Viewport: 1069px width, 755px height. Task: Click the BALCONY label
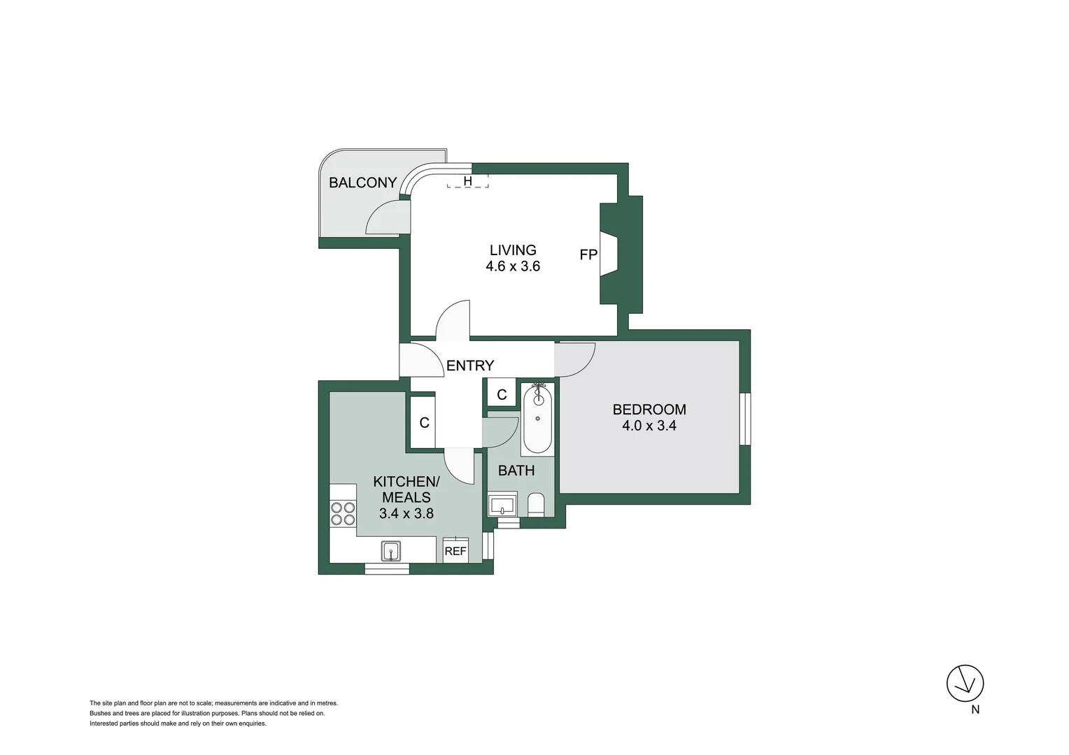tap(362, 182)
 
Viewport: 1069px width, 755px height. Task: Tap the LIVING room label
tap(513, 250)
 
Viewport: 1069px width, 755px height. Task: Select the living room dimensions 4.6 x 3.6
tap(513, 266)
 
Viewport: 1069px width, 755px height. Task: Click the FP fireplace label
tap(588, 254)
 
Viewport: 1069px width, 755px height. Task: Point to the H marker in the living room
tap(468, 182)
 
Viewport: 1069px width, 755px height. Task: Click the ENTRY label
tap(469, 365)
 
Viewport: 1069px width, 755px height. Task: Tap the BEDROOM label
tap(649, 410)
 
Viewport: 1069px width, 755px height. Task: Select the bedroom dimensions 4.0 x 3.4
tap(649, 426)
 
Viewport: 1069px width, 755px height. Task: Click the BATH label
tap(516, 470)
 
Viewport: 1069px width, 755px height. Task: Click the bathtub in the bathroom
tap(537, 419)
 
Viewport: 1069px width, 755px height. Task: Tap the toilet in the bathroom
tap(536, 503)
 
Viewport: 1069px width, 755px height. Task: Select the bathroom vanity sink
tap(502, 504)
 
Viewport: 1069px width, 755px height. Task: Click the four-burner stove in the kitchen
tap(343, 514)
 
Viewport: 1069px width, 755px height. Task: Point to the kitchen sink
tap(391, 551)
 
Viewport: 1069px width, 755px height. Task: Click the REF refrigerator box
tap(455, 550)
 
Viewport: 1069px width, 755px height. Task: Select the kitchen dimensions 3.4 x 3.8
tap(406, 513)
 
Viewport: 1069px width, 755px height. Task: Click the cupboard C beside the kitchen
tap(424, 422)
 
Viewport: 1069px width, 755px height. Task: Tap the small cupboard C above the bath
tap(502, 395)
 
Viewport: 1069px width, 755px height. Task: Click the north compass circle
tap(965, 683)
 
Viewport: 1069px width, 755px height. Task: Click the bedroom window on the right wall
tap(745, 419)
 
